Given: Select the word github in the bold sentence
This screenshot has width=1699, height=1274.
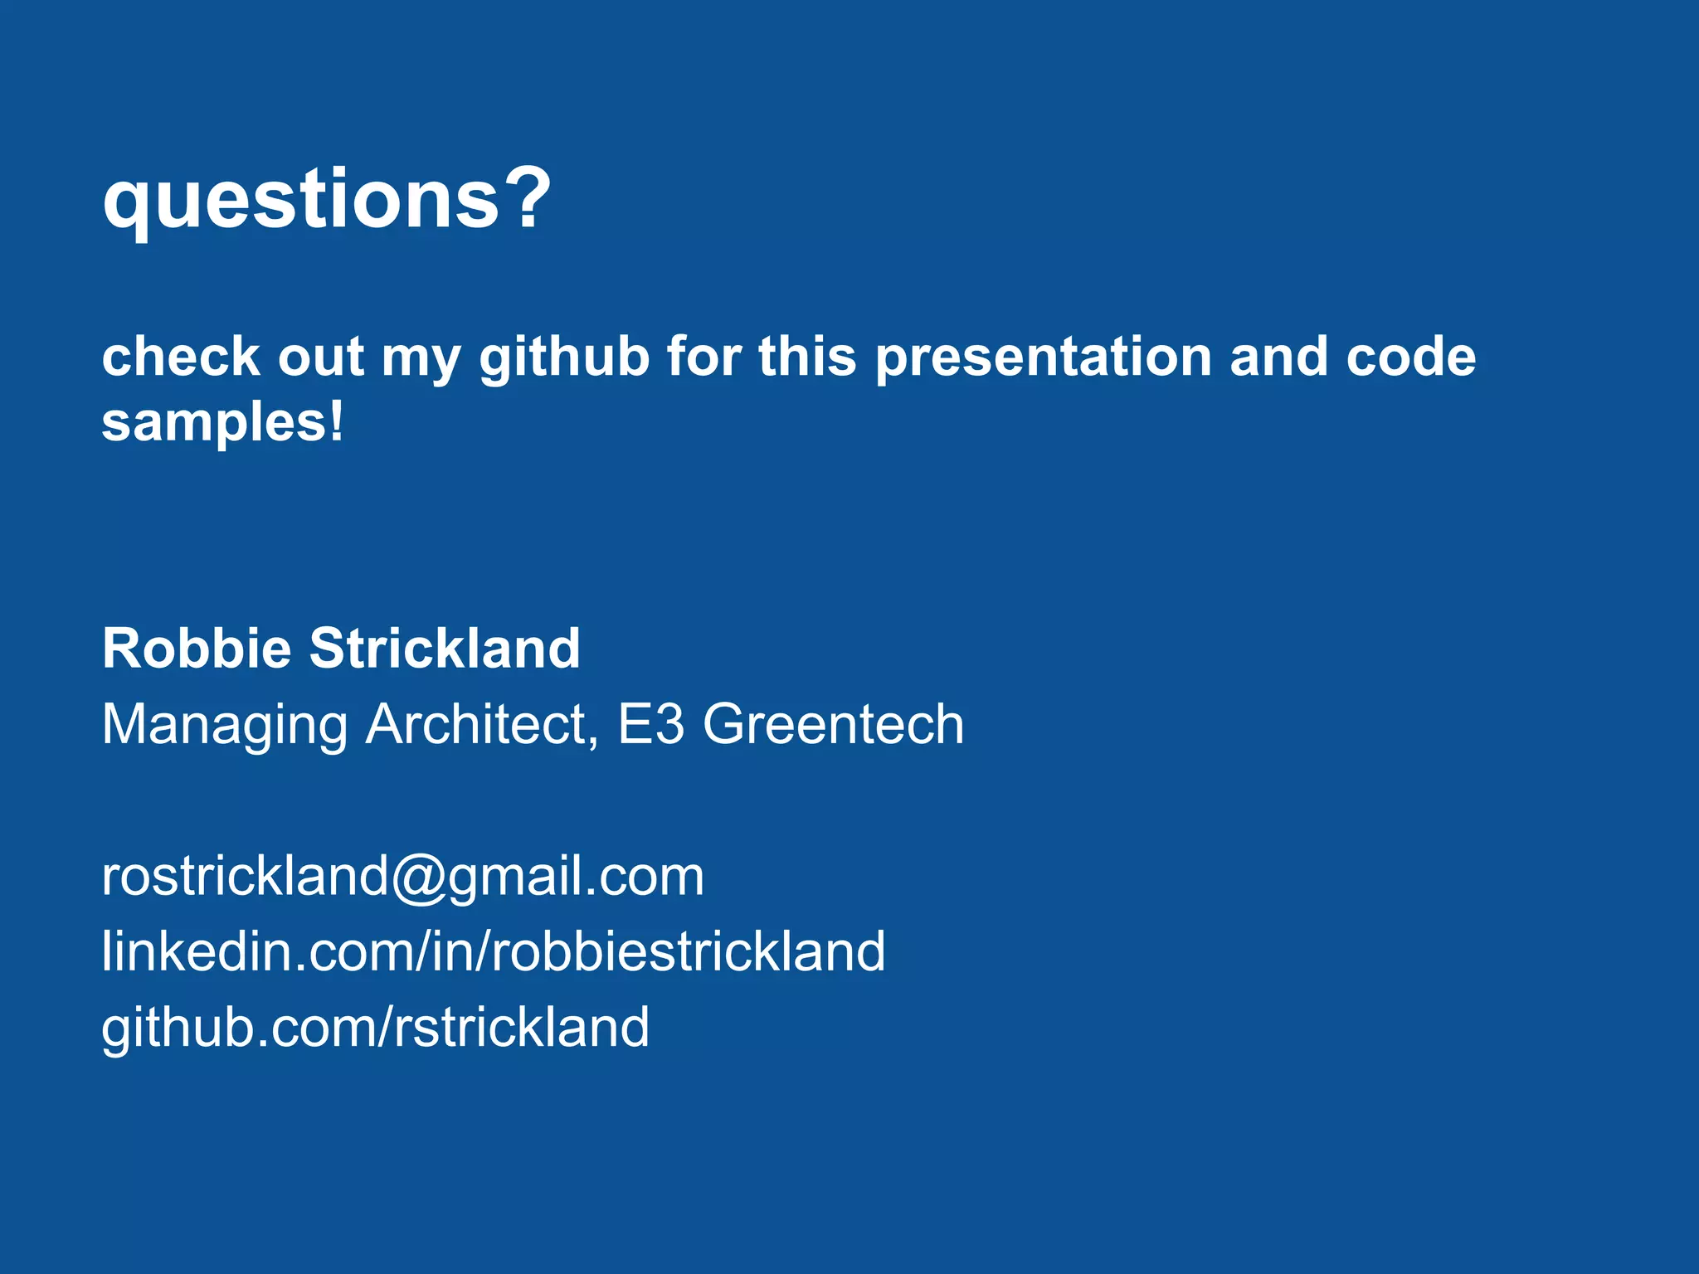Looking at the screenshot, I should [564, 358].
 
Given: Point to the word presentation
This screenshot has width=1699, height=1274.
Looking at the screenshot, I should [1044, 358].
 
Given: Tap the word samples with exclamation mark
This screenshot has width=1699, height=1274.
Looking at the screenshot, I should [222, 423].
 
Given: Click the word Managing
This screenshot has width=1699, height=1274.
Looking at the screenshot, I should [224, 725].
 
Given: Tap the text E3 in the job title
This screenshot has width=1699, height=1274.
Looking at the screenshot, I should [651, 723].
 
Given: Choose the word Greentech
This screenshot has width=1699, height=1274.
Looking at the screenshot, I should [834, 723].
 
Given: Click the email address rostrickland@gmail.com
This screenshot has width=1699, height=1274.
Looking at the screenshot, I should [402, 876].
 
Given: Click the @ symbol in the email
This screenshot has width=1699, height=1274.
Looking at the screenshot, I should [419, 878].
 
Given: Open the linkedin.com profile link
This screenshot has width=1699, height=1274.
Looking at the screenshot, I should [493, 951].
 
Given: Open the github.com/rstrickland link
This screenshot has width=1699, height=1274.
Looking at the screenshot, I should [375, 1028].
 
